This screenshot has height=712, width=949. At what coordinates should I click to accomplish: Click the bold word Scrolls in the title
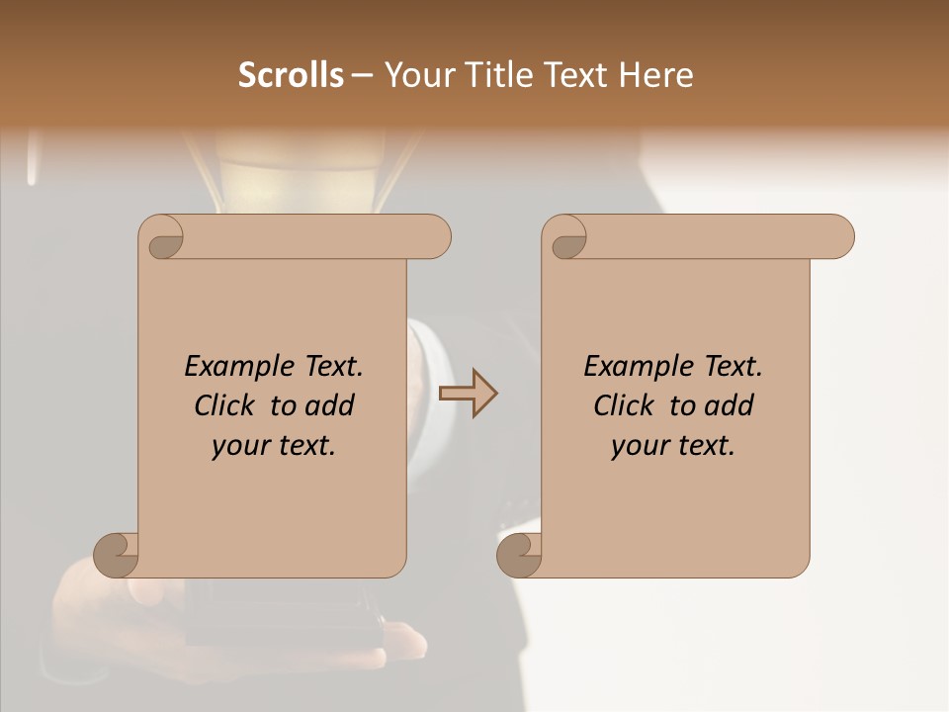click(x=291, y=74)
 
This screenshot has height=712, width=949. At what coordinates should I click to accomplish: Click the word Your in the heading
click(x=419, y=74)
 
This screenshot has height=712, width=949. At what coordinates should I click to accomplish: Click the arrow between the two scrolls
click(x=468, y=394)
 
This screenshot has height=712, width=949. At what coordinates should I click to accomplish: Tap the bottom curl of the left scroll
click(x=116, y=554)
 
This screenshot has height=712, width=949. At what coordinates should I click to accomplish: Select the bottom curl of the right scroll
click(x=519, y=554)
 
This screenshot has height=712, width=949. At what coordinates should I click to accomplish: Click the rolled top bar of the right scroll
click(x=712, y=236)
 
